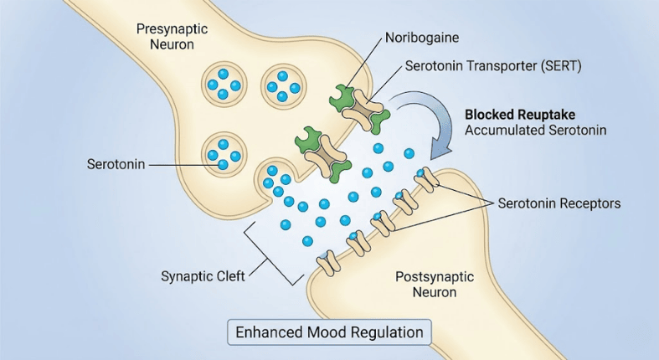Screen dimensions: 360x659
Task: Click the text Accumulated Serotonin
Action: [536, 130]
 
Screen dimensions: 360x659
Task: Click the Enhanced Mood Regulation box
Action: [329, 332]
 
